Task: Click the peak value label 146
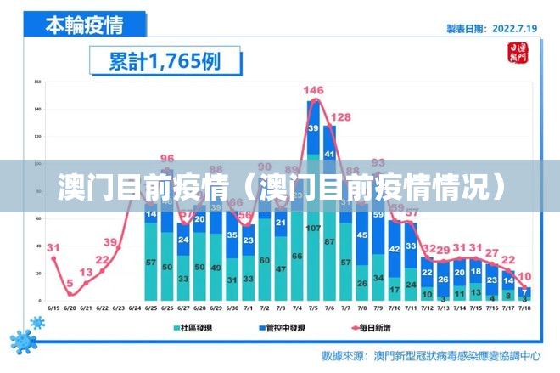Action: pyautogui.click(x=313, y=90)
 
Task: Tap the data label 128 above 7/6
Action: pyautogui.click(x=340, y=117)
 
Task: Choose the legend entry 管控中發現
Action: pyautogui.click(x=282, y=326)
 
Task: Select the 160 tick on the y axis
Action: pyautogui.click(x=37, y=82)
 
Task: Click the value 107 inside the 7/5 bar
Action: pyautogui.click(x=313, y=229)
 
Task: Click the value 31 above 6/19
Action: pyautogui.click(x=53, y=248)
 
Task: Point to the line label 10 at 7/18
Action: pyautogui.click(x=525, y=276)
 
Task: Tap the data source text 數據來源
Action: pyautogui.click(x=344, y=354)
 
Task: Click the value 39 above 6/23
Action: pyautogui.click(x=110, y=242)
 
